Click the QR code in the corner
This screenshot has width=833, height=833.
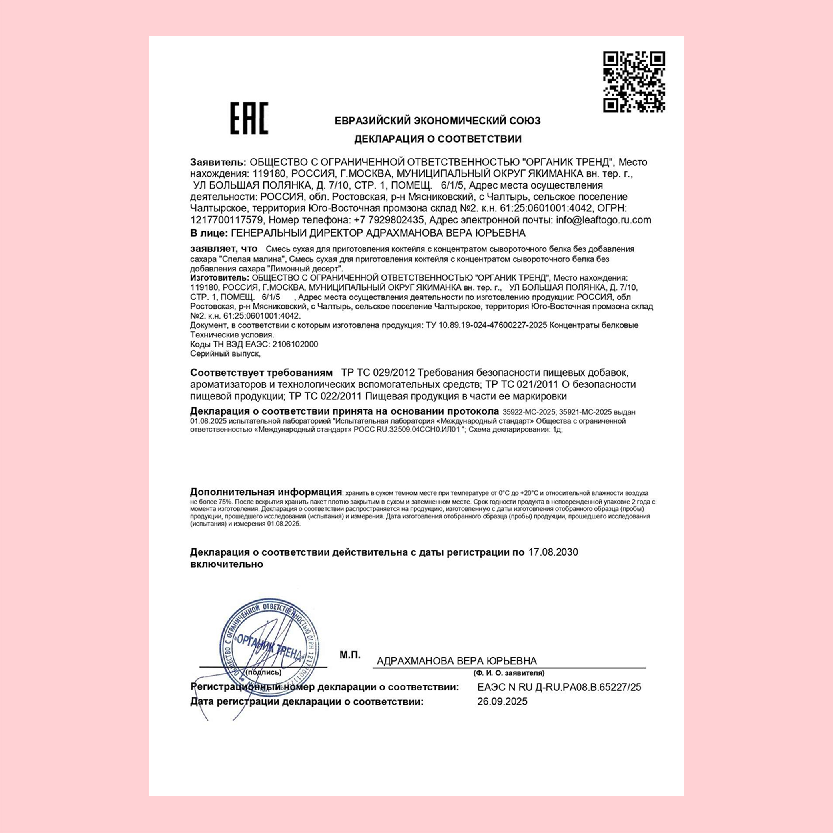(634, 82)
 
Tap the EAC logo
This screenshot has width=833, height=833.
(249, 118)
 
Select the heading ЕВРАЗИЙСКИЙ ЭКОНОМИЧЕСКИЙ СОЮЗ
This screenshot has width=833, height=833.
(438, 121)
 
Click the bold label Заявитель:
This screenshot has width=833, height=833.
(218, 163)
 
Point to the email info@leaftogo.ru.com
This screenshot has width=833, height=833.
(603, 220)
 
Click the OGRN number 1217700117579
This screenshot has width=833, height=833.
(227, 220)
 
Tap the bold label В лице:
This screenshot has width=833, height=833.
(209, 233)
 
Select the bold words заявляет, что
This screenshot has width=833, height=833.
(224, 249)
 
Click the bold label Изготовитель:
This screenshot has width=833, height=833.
(219, 278)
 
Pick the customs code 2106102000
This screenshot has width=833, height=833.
(295, 344)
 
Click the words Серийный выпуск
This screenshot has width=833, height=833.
(225, 354)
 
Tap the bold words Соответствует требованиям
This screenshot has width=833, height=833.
(261, 373)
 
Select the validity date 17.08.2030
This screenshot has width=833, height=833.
(553, 552)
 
